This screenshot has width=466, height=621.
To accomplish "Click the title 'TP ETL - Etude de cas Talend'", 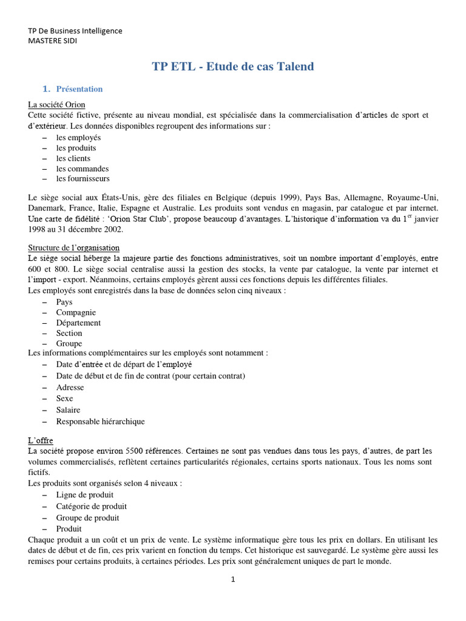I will coord(233,67).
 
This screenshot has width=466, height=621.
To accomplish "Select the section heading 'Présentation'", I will coord(79,89).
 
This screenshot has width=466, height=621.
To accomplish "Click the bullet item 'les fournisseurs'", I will coord(83,179).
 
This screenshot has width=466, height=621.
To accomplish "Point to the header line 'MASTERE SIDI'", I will coord(53,41).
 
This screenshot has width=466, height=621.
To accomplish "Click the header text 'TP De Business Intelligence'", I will coord(75,30).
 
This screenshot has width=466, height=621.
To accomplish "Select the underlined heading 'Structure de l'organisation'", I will coord(74,248).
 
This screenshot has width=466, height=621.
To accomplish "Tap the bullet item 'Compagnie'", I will coord(76,312).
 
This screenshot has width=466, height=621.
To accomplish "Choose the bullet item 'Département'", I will coord(78,323).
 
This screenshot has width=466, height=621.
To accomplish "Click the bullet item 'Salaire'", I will coord(69,410).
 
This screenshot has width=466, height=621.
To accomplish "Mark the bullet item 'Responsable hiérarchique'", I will coord(101,421).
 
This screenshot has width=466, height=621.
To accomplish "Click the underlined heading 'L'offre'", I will coord(41,440).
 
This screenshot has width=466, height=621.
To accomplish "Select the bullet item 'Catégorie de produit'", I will coord(92,506).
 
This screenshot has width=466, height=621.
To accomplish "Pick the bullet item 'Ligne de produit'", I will coord(85,495).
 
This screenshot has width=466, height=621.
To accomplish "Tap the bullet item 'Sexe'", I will coord(65,398).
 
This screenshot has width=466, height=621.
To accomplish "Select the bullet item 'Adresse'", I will coord(70,387).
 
